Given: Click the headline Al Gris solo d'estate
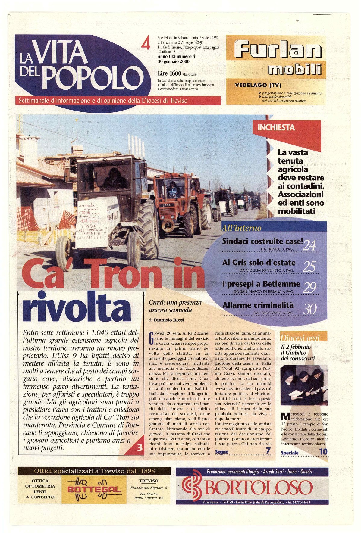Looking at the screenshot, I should click(259, 263).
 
